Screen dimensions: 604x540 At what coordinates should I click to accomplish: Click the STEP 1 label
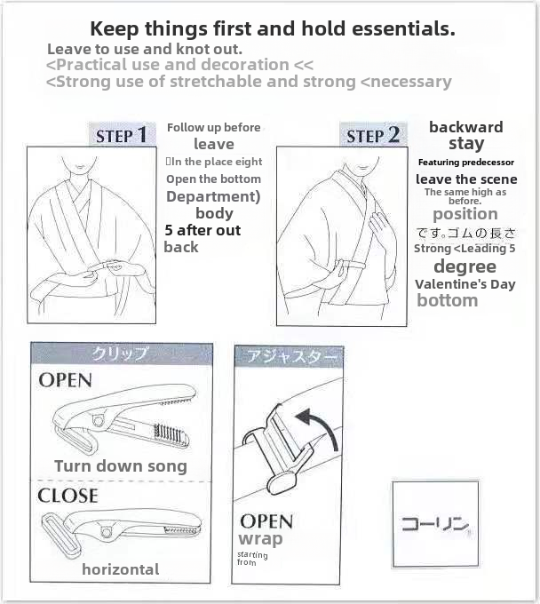tap(123, 135)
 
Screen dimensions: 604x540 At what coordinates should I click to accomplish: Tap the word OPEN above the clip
tap(65, 380)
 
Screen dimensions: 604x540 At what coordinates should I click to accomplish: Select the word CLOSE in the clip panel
tap(67, 495)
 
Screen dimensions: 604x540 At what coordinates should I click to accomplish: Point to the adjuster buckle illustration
tap(270, 444)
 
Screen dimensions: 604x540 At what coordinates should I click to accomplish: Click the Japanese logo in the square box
tap(435, 523)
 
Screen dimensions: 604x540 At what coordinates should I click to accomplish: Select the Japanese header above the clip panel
tap(121, 354)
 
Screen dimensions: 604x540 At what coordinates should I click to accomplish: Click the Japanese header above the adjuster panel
tap(289, 357)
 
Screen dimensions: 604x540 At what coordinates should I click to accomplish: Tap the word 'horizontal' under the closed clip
tap(121, 569)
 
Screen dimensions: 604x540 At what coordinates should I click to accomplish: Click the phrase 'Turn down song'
tap(121, 466)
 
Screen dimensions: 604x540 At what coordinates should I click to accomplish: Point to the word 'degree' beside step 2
tap(465, 266)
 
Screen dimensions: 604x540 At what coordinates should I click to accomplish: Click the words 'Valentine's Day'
tap(465, 284)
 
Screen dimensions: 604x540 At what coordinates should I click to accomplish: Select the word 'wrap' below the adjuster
tap(260, 539)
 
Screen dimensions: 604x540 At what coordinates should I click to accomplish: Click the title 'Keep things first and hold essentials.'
tap(273, 28)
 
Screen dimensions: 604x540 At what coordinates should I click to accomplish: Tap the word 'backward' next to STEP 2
tap(465, 127)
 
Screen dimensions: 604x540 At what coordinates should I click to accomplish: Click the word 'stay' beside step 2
tap(466, 144)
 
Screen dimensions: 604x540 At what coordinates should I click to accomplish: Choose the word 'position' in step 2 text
tap(465, 214)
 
